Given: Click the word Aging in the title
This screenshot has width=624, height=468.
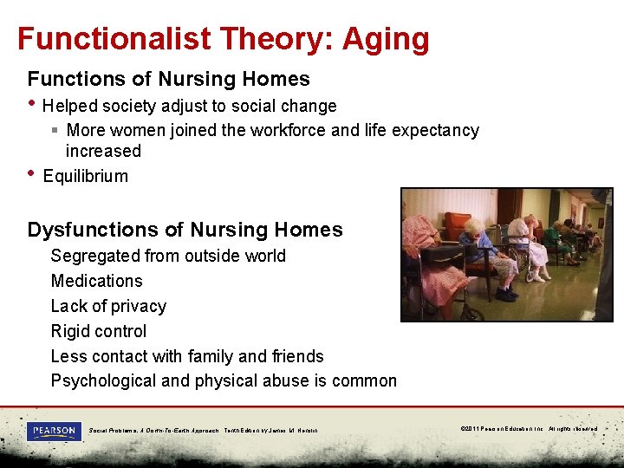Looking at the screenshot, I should coord(386,39).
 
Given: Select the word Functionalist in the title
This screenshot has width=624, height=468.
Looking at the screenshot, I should coord(113,39).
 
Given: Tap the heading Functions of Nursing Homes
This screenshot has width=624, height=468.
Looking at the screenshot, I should coord(168,79).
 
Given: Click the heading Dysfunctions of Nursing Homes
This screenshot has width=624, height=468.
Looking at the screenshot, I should coord(185,230).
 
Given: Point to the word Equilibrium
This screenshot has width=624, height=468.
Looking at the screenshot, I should coord(85,176).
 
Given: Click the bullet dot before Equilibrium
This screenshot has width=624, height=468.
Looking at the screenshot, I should coord(32,172).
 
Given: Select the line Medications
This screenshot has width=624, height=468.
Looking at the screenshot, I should coord(96,281).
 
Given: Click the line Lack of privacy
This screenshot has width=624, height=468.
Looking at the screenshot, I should coord(108,306).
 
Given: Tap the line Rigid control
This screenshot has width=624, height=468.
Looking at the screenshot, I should coord(99,331).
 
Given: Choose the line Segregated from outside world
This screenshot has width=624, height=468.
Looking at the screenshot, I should coord(168,256).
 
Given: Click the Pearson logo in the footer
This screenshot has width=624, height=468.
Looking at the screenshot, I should coord(53,430).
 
